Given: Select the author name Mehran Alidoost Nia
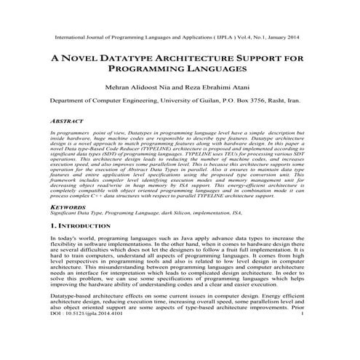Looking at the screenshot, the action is [x=140, y=86].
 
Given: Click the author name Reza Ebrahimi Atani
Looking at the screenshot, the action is [x=219, y=86].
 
